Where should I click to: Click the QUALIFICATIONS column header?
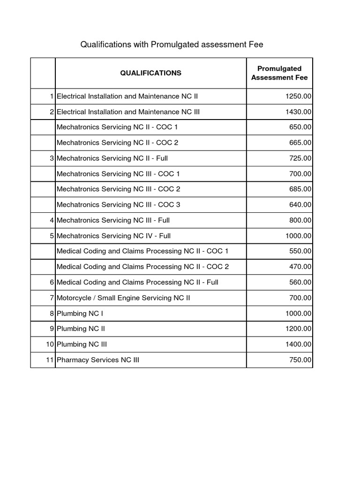point(150,73)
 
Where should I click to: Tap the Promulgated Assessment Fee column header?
point(279,73)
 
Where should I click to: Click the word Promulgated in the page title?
point(170,45)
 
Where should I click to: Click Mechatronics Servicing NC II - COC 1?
point(117,127)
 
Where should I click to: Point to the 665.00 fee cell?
point(300,142)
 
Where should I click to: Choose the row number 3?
point(52,158)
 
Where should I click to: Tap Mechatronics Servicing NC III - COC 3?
point(118,204)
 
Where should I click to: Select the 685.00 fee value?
point(300,189)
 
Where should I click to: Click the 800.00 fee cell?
point(300,220)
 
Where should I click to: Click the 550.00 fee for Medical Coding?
point(300,251)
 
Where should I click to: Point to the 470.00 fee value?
point(300,266)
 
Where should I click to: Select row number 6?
point(52,282)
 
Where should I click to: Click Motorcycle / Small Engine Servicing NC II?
point(123,297)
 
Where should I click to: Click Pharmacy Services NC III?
point(98,360)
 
